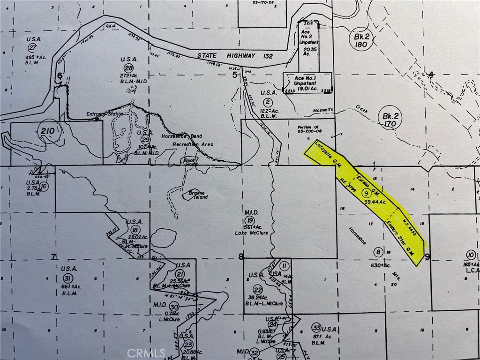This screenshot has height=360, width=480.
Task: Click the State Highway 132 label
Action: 226,56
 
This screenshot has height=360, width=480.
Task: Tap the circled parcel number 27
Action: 32,48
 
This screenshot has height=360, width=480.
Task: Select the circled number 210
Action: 48,131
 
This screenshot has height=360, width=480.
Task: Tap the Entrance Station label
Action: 105,114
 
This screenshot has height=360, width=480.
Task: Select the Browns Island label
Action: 197,195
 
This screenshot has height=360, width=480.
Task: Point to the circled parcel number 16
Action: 44,187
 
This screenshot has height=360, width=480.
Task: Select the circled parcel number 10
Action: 471,255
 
